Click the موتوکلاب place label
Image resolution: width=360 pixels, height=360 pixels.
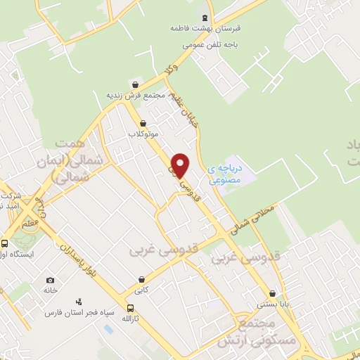click(x=143, y=133)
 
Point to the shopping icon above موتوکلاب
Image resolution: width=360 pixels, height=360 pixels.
click(x=143, y=122)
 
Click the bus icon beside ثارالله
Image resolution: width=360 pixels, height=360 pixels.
click(x=130, y=307)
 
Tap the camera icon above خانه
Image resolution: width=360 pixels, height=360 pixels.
click(x=50, y=279)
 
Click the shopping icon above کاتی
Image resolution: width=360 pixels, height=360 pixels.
click(x=143, y=278)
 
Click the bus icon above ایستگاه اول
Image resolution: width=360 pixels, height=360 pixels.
click(x=4, y=243)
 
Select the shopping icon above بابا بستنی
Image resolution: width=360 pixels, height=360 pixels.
click(x=271, y=294)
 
